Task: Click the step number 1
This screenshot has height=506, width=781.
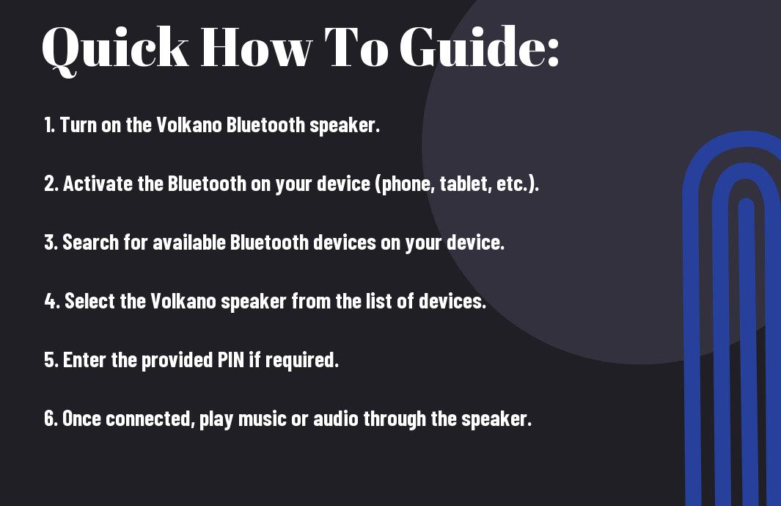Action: pyautogui.click(x=49, y=125)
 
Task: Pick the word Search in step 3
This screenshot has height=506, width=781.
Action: pyautogui.click(x=91, y=242)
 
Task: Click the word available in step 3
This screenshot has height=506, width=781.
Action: pyautogui.click(x=188, y=242)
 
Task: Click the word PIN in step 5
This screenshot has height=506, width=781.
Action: pyautogui.click(x=231, y=360)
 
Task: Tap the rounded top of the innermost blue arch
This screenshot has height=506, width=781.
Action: pyautogui.click(x=746, y=202)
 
